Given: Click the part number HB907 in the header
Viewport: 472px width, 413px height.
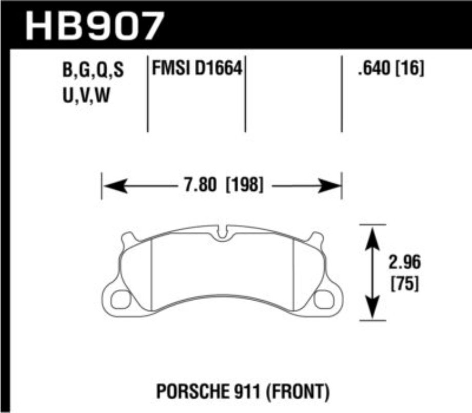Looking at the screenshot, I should point(95,24).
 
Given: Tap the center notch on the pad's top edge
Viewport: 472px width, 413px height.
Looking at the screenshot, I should point(222,233).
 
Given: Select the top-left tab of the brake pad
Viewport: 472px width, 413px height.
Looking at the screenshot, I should point(128,238).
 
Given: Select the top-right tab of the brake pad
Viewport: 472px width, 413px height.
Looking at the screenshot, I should point(317,238).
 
